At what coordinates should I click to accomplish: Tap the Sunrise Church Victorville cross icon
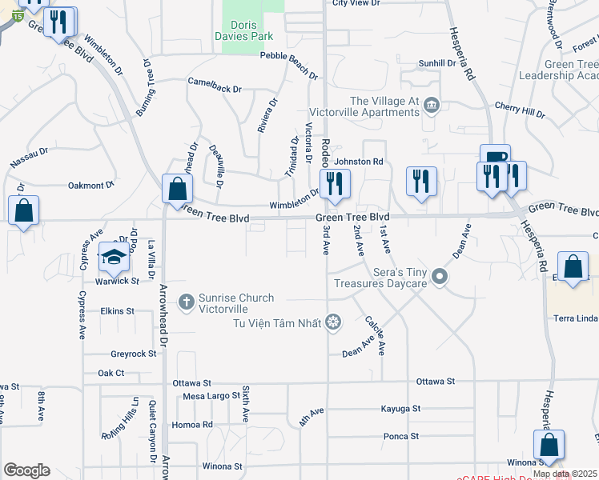186,302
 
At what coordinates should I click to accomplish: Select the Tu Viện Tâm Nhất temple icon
333,322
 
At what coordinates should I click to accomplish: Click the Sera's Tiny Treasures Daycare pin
439,277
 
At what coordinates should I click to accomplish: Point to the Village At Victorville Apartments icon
432,104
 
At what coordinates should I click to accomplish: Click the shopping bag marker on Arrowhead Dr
177,190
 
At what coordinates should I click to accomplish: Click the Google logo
26,470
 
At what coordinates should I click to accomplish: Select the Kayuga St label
401,409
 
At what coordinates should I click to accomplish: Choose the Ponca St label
401,436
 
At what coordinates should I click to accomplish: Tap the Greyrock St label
134,353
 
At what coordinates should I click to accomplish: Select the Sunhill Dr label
437,62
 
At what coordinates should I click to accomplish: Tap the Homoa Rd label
197,424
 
